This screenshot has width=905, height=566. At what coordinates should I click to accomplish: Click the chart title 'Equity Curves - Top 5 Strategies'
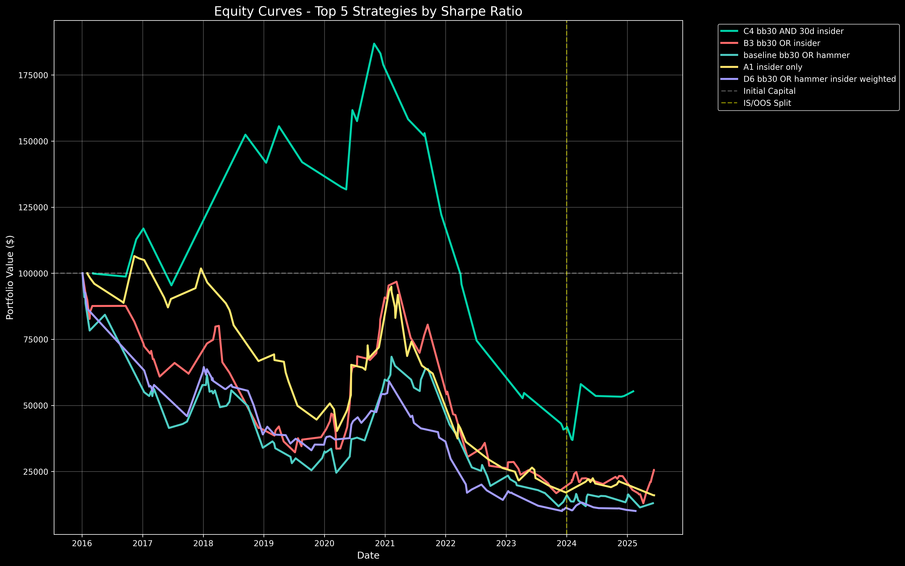(368, 12)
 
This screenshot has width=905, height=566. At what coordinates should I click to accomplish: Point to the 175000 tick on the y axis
(33, 75)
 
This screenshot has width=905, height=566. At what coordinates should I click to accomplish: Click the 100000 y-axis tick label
(33, 274)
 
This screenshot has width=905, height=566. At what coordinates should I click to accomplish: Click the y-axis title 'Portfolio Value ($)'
(10, 277)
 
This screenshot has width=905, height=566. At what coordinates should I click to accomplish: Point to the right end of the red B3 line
(654, 470)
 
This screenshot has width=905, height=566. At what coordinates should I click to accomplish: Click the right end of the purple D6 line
(636, 511)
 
